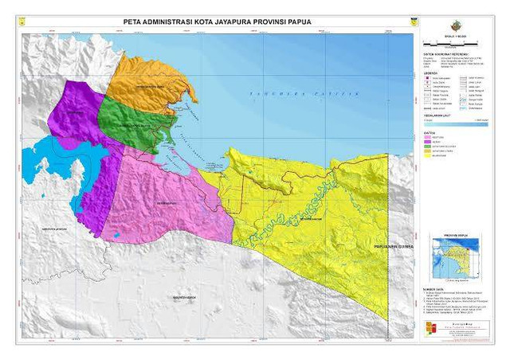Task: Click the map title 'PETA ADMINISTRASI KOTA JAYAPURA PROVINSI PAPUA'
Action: coord(218,22)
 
